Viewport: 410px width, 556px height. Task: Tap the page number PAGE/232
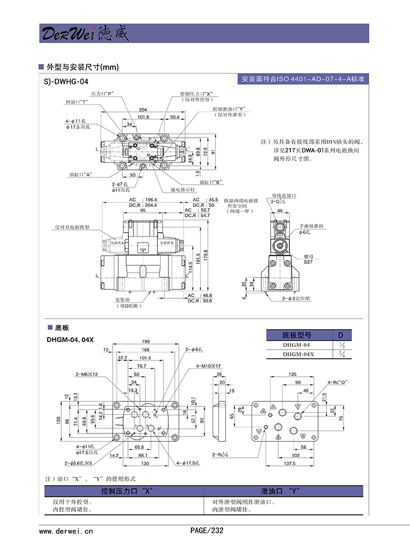coord(207,530)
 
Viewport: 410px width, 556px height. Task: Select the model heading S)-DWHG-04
coord(66,81)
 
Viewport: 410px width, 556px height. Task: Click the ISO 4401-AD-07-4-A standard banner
coord(303,79)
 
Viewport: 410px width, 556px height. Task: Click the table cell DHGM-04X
coord(298,354)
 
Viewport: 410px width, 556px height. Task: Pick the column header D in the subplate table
coord(341,335)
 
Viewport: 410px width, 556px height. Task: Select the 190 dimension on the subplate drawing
coord(146,341)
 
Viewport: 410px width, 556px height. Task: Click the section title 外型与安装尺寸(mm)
coord(83,67)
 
